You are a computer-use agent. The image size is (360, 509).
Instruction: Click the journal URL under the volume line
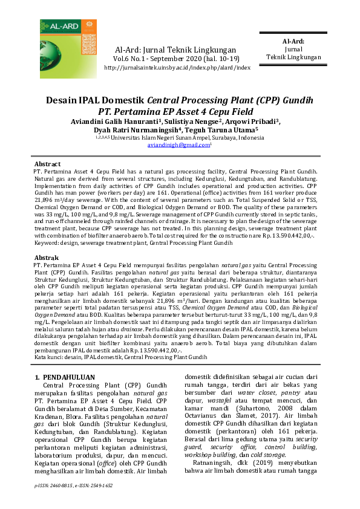pos(177,68)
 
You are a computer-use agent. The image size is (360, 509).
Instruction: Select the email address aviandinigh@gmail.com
pos(178,145)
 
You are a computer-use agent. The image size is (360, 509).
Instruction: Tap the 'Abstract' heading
pos(47,164)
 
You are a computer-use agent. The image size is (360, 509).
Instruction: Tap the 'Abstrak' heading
pos(47,257)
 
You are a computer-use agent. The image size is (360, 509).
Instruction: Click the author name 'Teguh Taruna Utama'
pos(223,129)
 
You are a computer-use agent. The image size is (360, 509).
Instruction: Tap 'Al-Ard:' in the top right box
pos(293,41)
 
